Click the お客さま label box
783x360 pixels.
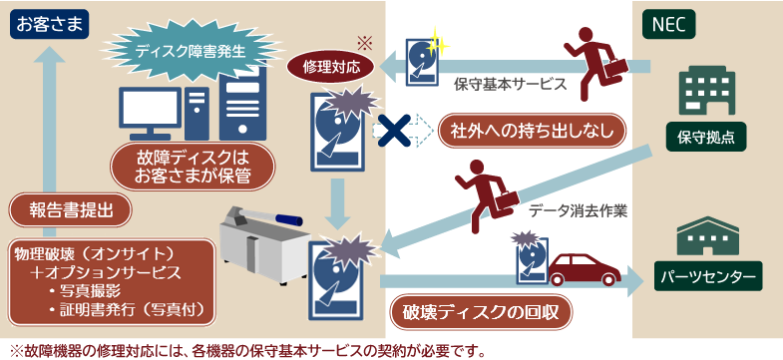tap(50, 25)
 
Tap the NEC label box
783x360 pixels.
tap(668, 25)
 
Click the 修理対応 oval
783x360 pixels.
tap(331, 68)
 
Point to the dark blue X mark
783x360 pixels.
tap(394, 131)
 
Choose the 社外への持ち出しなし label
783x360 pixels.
tap(532, 131)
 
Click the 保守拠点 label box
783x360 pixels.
tap(705, 137)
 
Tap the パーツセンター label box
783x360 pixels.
tap(708, 276)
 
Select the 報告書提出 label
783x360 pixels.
tap(71, 209)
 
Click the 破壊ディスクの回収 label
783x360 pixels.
tap(481, 312)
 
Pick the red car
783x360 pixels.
tap(585, 269)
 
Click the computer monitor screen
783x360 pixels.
tap(150, 108)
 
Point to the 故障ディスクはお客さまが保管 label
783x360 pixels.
tap(193, 168)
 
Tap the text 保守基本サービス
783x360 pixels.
tap(511, 84)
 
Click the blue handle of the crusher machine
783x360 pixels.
tap(281, 218)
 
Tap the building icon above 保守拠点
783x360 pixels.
tap(705, 92)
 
